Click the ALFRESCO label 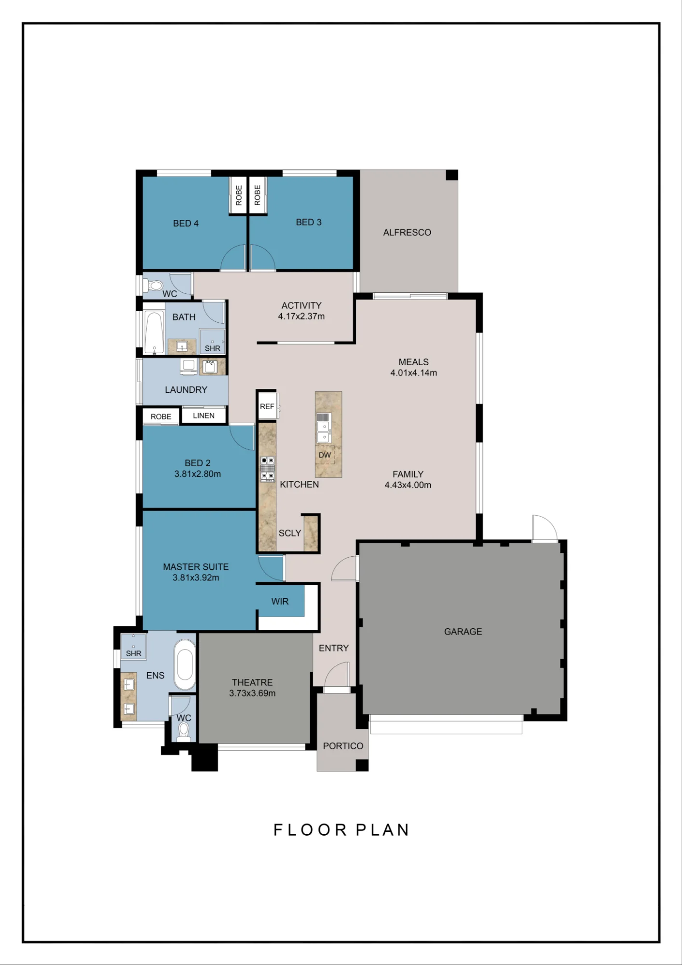[407, 233]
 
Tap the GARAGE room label [463, 632]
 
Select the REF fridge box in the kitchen [267, 406]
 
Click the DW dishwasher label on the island [325, 455]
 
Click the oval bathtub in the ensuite [185, 665]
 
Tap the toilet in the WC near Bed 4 [154, 286]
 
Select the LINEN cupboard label [204, 415]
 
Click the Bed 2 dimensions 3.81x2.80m [198, 474]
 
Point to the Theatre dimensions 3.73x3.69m [252, 693]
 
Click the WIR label [280, 602]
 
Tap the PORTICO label [343, 746]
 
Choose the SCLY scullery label [289, 533]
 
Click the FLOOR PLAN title [341, 830]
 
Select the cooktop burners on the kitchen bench [268, 469]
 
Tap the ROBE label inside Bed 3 [257, 195]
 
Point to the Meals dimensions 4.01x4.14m [414, 373]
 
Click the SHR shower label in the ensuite [134, 653]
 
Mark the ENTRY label [334, 648]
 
